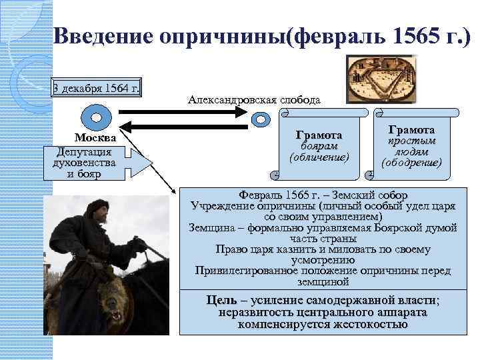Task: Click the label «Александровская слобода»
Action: [254, 99]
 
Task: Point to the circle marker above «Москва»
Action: [96, 117]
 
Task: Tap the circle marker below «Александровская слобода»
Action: [261, 121]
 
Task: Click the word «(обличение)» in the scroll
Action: [319, 157]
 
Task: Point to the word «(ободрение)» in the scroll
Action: [411, 161]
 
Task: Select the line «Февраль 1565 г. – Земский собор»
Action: [323, 195]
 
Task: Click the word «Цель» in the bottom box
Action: [223, 300]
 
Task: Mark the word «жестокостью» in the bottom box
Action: [356, 325]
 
